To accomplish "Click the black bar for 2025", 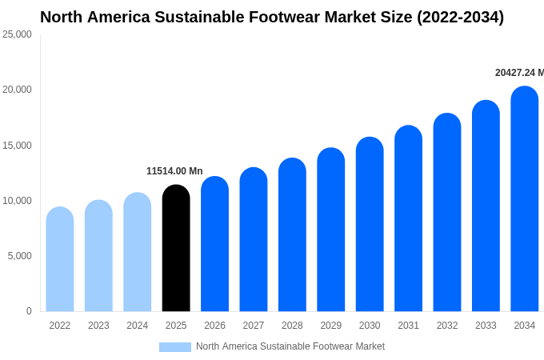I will coord(176,248).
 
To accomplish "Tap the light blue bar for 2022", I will coord(60,259).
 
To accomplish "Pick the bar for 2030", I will coord(370,224).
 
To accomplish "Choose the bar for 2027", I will coord(254,239).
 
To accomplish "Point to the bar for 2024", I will coord(138,252).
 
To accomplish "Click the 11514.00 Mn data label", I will coord(174,171).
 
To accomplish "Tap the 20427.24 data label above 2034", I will coord(519,73).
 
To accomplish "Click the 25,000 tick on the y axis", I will coord(17,34).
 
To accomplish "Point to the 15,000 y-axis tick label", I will coord(17,146).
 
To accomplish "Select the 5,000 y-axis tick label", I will coord(19,256).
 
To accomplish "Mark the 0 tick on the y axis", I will coord(29,311).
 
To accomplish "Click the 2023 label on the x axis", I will coord(98,326).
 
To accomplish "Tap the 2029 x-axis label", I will coord(331,326).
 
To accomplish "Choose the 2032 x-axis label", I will coord(447,326).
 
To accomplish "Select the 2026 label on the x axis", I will coord(214,326).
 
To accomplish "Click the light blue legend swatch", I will coord(175,347).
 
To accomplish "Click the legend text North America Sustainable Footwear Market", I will coord(290,346).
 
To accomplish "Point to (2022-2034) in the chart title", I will coord(460,17).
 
